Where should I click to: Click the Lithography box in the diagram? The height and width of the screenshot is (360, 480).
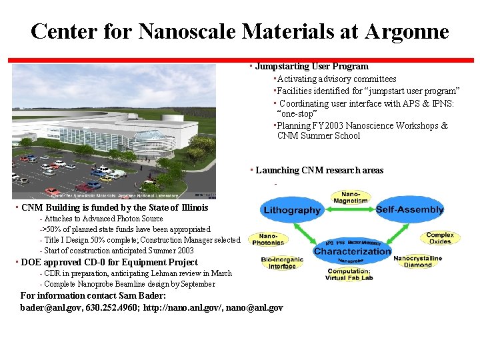click(x=292, y=210)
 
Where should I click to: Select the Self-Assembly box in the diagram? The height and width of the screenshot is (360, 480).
click(x=409, y=209)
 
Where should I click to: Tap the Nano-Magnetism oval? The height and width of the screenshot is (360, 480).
click(x=350, y=196)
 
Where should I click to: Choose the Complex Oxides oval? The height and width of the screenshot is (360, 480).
click(x=440, y=237)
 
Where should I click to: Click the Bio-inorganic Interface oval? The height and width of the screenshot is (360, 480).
click(x=282, y=263)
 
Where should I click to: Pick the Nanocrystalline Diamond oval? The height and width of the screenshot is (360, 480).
click(x=417, y=261)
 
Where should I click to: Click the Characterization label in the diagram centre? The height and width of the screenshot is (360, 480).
click(x=352, y=251)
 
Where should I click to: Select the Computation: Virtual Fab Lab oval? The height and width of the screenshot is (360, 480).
click(x=350, y=274)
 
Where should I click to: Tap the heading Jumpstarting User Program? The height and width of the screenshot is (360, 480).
click(x=311, y=66)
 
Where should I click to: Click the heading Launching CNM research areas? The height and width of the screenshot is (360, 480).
click(x=319, y=170)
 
